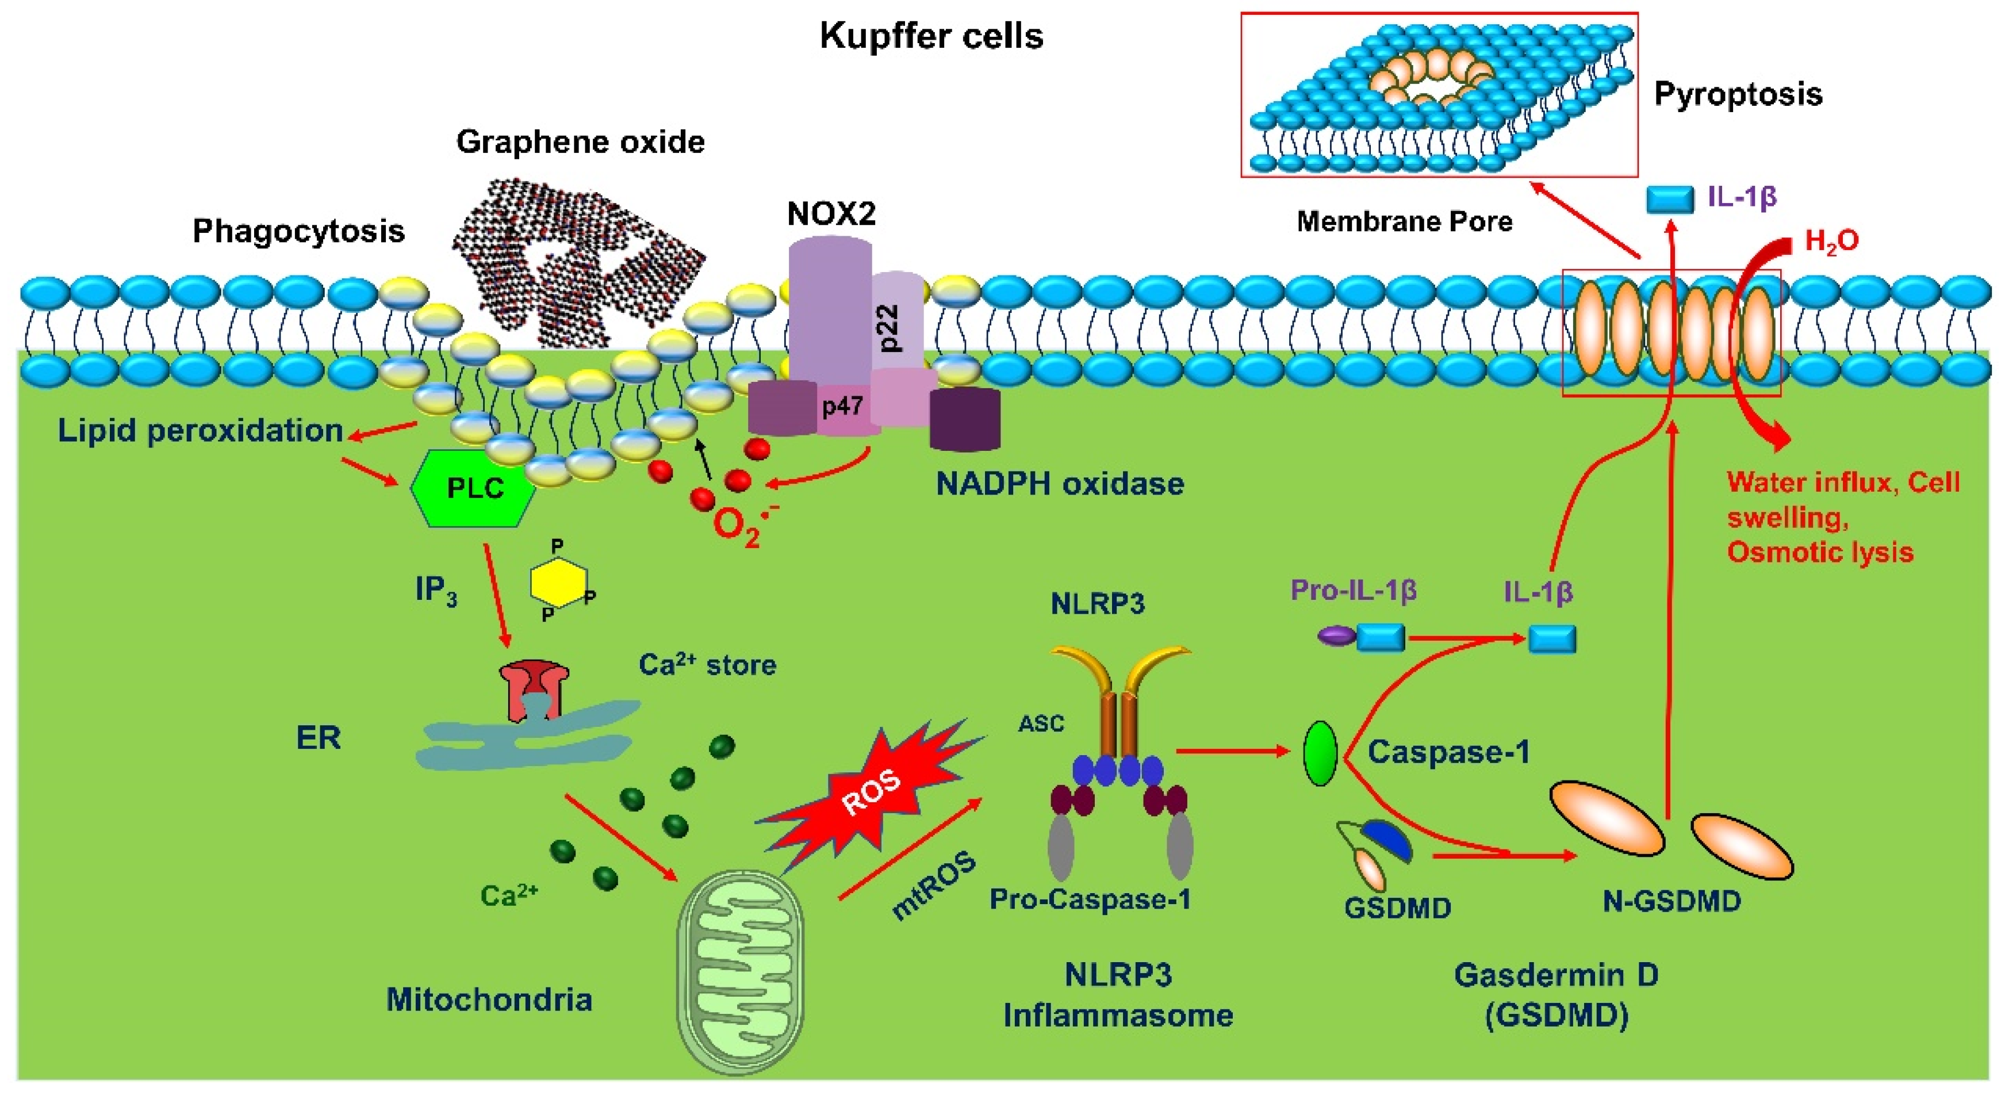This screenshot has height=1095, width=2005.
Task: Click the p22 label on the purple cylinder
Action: [891, 327]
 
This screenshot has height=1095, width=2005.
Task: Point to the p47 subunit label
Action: [842, 405]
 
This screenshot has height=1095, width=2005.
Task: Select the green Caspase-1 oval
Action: [1320, 753]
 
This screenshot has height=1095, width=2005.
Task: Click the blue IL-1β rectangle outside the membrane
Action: [1670, 199]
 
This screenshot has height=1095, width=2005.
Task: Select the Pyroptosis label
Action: [1737, 94]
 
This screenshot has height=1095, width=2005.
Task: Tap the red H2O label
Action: [1831, 242]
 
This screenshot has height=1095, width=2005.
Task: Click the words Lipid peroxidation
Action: [200, 430]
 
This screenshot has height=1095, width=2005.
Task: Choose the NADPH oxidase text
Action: [1059, 484]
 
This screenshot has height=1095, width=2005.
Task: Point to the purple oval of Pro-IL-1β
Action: [1336, 636]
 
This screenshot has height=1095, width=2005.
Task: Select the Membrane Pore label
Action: [1404, 222]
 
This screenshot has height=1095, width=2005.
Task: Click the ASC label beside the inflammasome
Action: [1041, 724]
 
